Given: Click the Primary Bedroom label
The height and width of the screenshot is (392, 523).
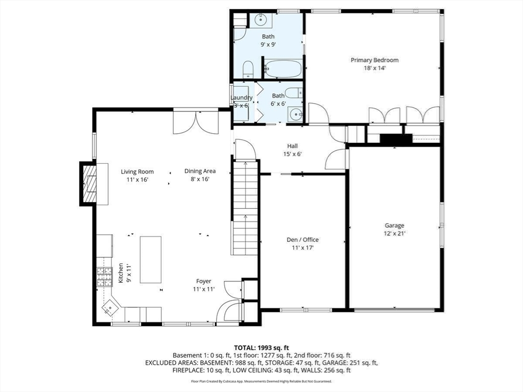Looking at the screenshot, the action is (374, 60).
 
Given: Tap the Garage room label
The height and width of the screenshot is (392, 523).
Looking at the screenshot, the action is (394, 226).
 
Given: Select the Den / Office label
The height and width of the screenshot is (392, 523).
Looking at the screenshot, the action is (302, 240).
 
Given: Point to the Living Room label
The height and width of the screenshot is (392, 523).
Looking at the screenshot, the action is (137, 171).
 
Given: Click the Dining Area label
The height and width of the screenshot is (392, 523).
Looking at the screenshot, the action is (200, 171).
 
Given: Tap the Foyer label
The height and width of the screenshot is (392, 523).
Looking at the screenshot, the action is (203, 281).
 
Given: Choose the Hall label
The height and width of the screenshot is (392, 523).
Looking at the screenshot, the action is (293, 146).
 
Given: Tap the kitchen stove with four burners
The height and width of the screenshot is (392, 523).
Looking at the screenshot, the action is (104, 277).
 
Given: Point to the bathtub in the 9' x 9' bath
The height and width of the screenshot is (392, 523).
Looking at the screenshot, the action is (283, 69).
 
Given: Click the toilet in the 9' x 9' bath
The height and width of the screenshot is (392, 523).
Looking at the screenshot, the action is (248, 69).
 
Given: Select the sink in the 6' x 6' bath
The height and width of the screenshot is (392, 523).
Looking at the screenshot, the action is (295, 115).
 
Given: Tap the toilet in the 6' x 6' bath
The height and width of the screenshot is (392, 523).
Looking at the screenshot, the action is (295, 92).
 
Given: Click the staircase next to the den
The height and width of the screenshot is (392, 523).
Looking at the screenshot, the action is (245, 208).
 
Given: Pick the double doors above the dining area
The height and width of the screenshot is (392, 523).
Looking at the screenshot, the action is (196, 122).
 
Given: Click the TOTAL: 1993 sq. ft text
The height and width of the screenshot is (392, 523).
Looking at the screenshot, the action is (261, 348).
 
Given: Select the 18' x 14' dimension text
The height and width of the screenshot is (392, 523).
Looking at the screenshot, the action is (374, 68).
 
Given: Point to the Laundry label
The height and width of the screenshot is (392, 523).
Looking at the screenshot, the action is (242, 97).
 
